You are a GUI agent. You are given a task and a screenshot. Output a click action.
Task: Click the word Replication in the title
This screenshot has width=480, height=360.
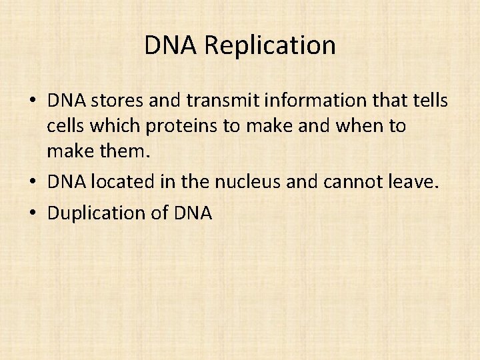click(x=270, y=46)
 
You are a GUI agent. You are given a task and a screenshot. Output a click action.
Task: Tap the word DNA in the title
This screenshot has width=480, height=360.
click(x=171, y=45)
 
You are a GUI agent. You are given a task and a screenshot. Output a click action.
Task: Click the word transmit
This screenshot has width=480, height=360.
click(x=214, y=101)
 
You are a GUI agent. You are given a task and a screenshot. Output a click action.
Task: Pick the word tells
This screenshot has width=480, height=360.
click(x=429, y=101)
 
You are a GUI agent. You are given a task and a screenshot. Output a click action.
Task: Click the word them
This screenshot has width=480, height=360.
click(x=126, y=151)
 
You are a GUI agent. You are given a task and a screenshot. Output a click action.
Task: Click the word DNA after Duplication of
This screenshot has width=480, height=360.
click(x=192, y=213)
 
